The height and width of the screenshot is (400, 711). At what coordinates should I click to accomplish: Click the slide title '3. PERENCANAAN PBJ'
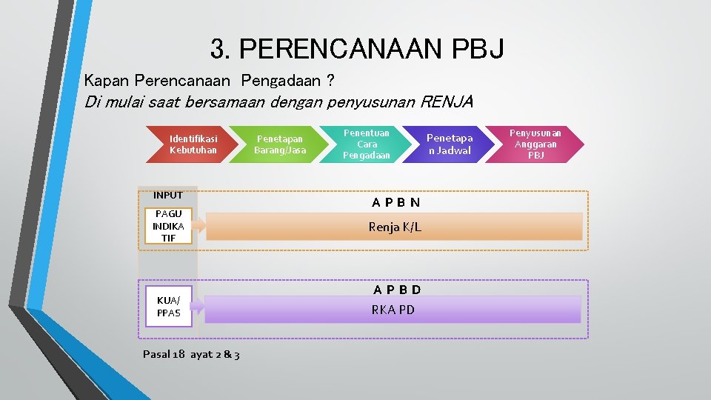click(357, 49)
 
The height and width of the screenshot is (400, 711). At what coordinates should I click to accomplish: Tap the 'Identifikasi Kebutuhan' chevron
click(193, 144)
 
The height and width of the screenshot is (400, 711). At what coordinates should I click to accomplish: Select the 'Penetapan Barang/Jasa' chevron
click(279, 144)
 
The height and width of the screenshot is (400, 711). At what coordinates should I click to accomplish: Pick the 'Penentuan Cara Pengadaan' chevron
click(366, 144)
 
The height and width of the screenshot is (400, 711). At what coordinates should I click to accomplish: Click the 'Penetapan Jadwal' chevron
click(449, 144)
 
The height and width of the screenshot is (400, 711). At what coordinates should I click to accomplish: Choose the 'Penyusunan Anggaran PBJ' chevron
click(535, 144)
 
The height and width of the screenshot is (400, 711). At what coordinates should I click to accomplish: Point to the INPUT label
click(167, 195)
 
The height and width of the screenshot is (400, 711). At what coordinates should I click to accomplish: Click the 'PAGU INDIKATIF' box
click(168, 226)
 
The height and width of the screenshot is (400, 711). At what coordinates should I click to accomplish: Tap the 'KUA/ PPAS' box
click(168, 307)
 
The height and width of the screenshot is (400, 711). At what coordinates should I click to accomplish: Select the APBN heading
click(395, 202)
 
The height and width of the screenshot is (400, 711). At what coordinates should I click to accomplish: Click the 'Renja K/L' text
click(395, 227)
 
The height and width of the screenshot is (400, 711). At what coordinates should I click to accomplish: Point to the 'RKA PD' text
click(393, 310)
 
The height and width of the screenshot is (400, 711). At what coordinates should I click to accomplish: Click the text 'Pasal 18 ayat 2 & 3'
click(191, 355)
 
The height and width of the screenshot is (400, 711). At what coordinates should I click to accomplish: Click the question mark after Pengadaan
click(330, 79)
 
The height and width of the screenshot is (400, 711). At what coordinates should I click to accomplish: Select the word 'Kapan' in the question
click(105, 79)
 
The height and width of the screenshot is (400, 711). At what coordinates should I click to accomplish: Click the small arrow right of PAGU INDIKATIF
click(201, 227)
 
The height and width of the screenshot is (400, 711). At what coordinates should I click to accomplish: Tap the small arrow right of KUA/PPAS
click(198, 307)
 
